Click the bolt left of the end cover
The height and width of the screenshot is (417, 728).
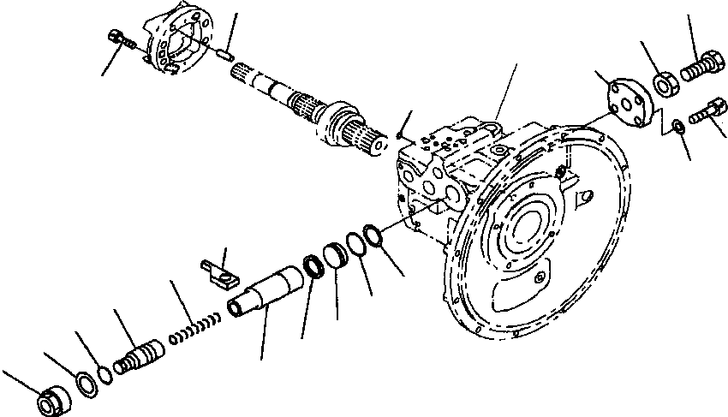pyautogui.click(x=119, y=39)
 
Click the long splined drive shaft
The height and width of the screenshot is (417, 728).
pyautogui.click(x=274, y=89)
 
